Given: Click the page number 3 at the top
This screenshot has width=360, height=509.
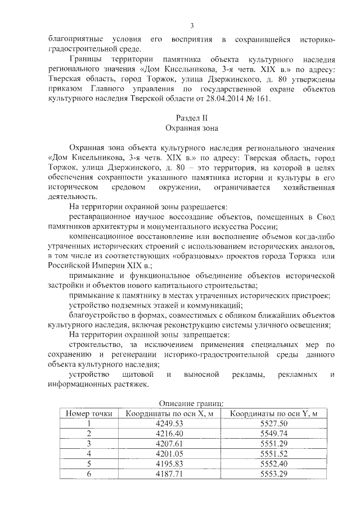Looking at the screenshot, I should click(192, 26).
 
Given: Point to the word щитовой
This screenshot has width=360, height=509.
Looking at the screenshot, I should click(137, 374).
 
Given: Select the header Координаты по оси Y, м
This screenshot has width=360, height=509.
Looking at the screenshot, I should click(274, 413).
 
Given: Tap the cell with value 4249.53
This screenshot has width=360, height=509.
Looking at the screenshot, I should click(169, 423).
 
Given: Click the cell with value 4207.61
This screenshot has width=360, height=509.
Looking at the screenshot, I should click(169, 443).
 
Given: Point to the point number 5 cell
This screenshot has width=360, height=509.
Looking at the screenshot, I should click(89, 463).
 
